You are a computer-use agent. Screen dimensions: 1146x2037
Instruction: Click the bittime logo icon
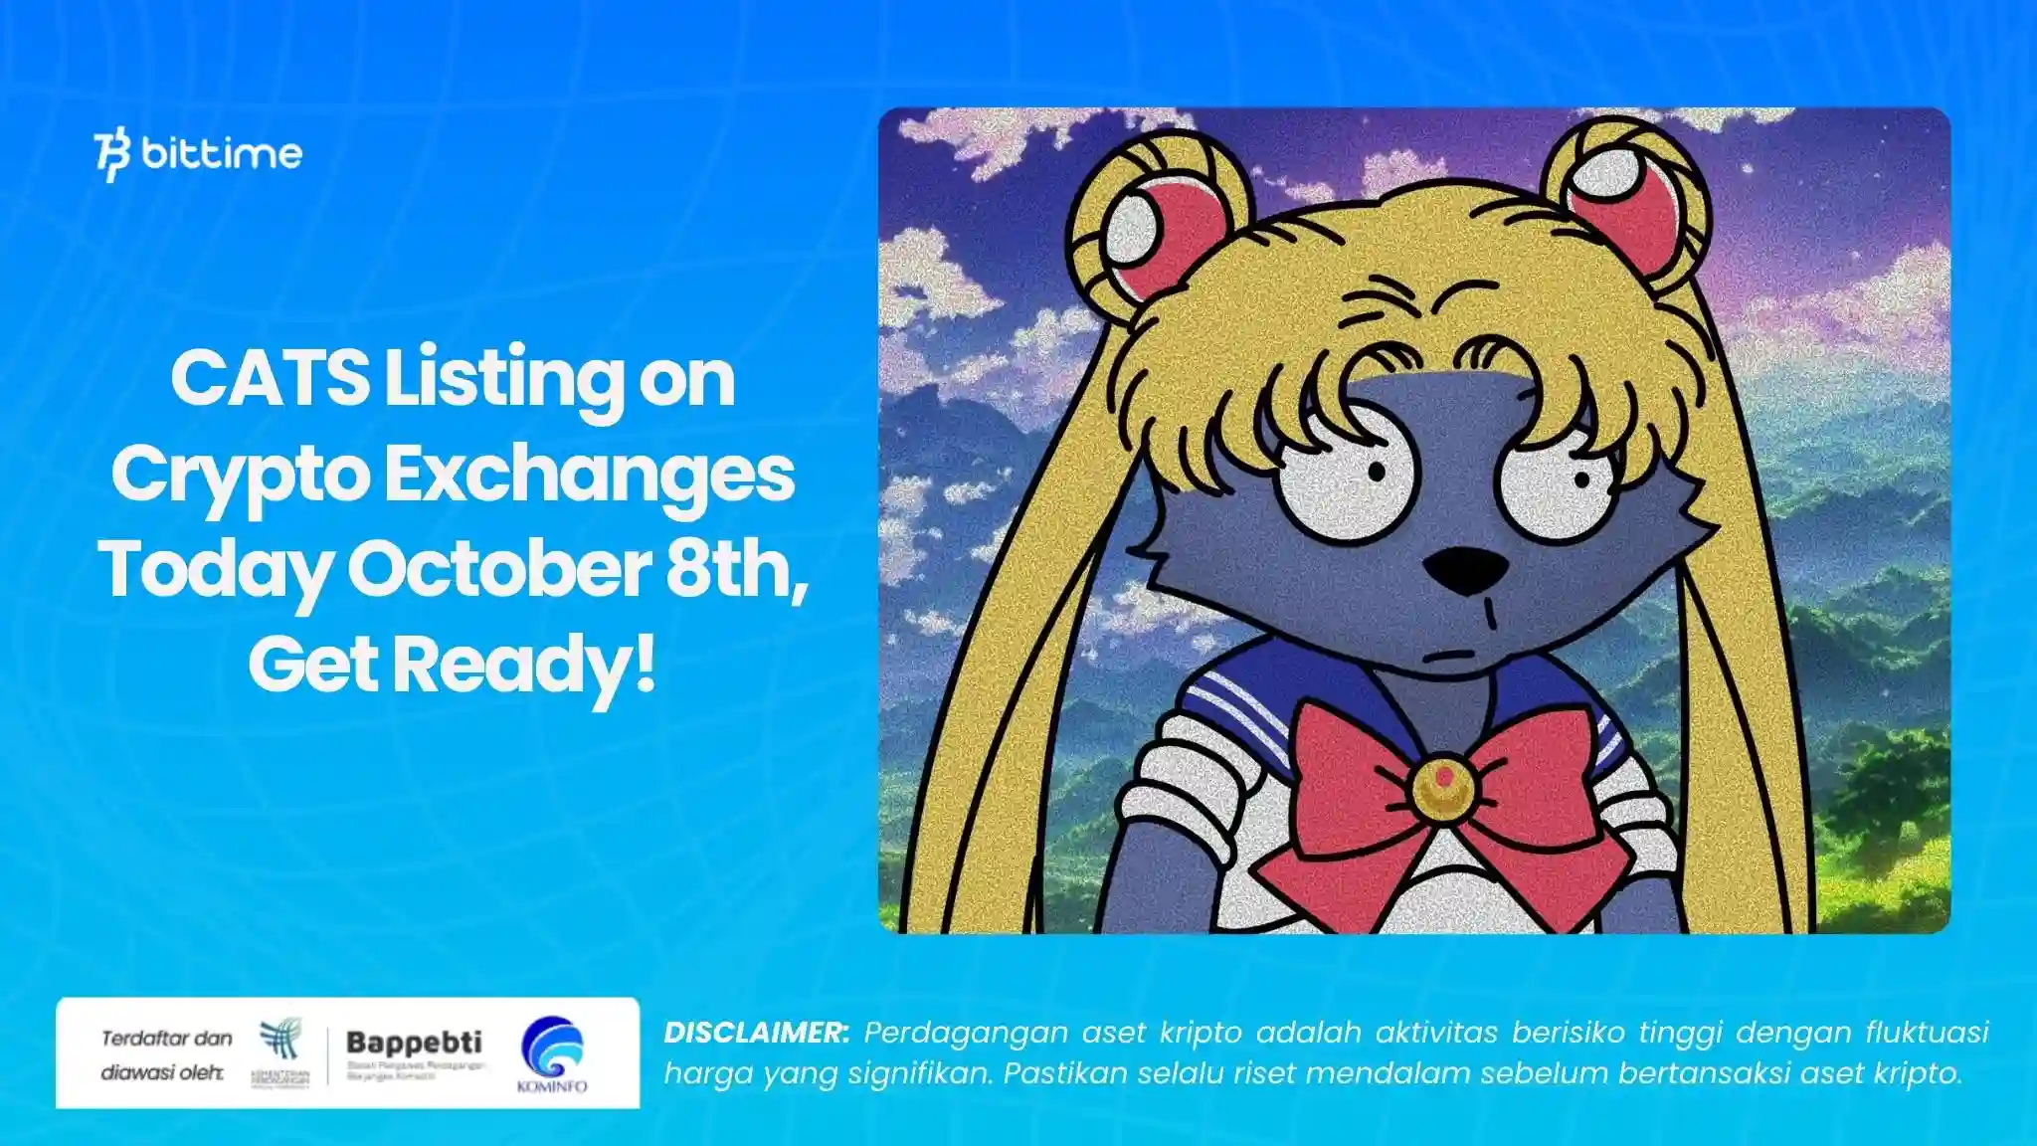tap(112, 154)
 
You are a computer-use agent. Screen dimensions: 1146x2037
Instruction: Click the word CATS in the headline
tap(270, 379)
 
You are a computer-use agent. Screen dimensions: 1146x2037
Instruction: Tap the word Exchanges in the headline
tap(589, 475)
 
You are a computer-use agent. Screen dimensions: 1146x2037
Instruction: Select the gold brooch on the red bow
tap(1441, 786)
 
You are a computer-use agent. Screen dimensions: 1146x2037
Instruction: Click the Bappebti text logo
tap(414, 1043)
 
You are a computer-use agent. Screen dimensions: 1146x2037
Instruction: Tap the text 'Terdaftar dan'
tap(166, 1039)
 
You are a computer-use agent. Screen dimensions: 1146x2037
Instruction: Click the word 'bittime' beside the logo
tap(221, 154)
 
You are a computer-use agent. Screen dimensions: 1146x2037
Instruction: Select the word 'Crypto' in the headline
tap(239, 475)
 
